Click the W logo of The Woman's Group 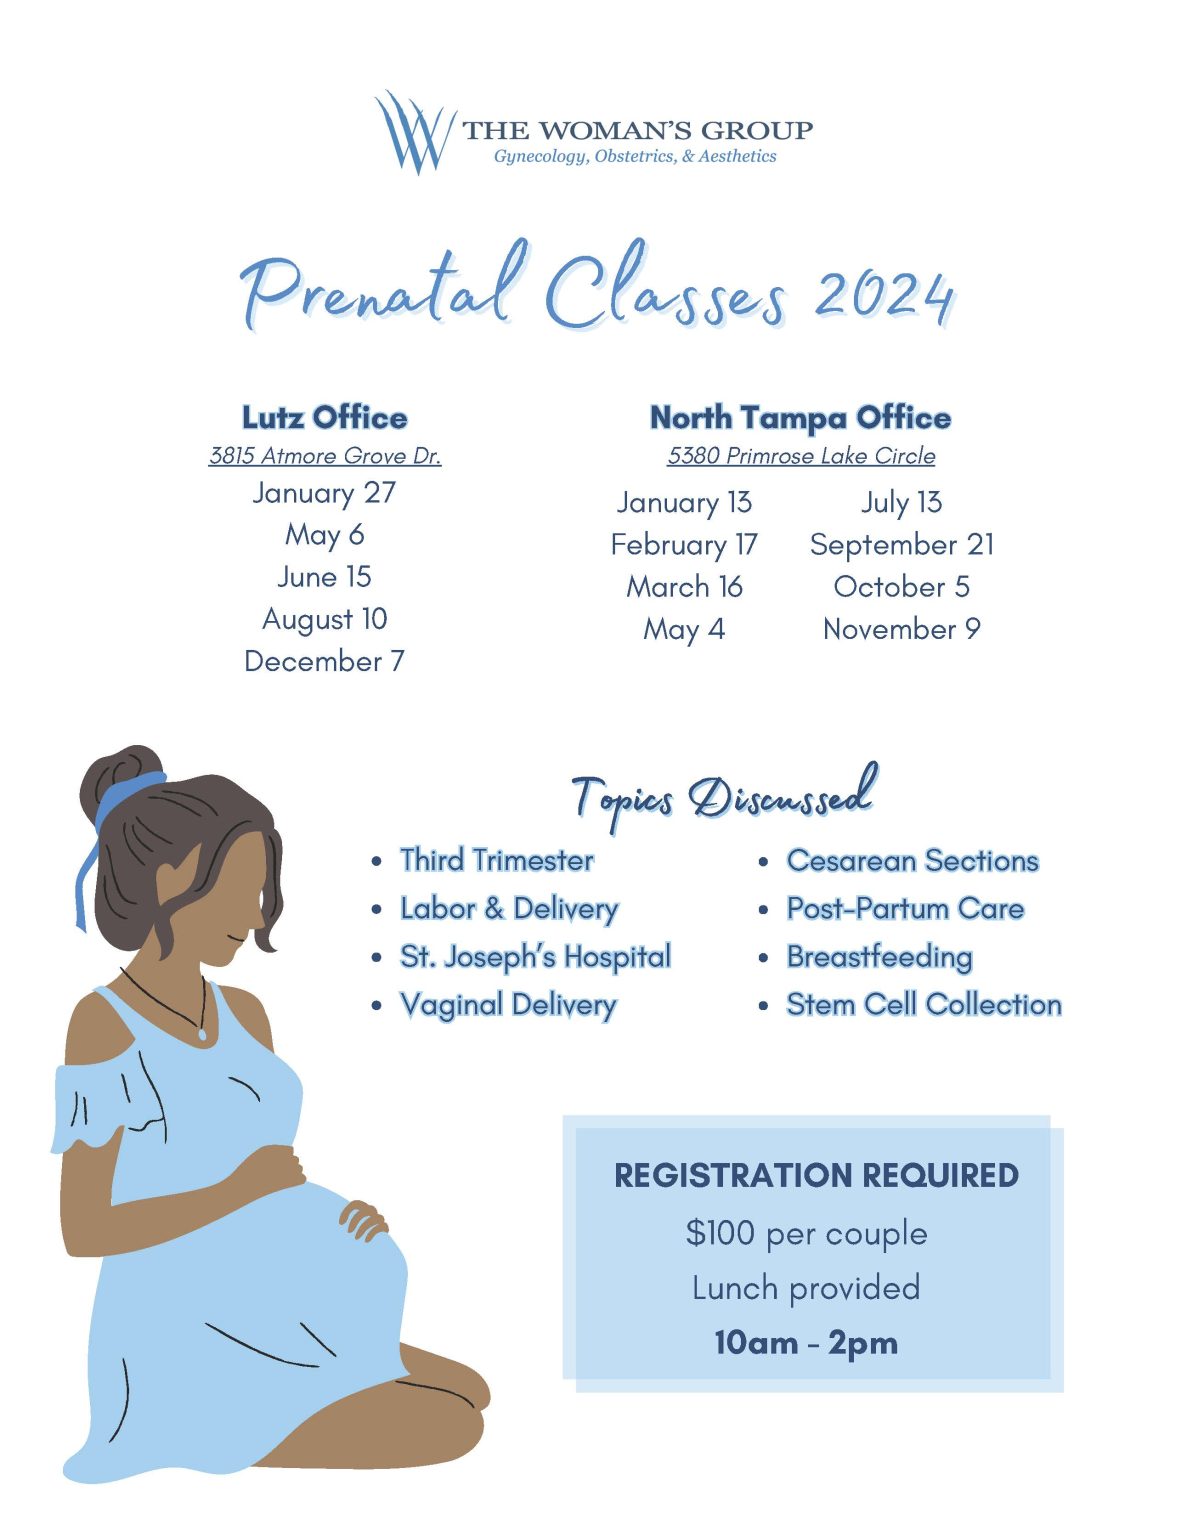click(x=413, y=131)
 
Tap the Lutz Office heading click(x=325, y=417)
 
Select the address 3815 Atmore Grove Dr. click(x=325, y=456)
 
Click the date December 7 click(x=324, y=661)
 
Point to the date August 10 click(x=324, y=619)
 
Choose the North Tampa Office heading click(x=800, y=417)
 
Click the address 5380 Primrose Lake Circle click(x=801, y=456)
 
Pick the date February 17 click(x=684, y=545)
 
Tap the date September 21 click(x=901, y=545)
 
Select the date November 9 click(x=901, y=629)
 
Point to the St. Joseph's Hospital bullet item click(x=535, y=957)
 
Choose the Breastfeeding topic click(x=879, y=957)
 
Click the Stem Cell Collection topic click(x=923, y=1004)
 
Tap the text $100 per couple click(x=806, y=1233)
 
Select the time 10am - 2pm click(x=806, y=1342)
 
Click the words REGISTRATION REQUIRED click(x=816, y=1175)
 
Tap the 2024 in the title click(x=882, y=295)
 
